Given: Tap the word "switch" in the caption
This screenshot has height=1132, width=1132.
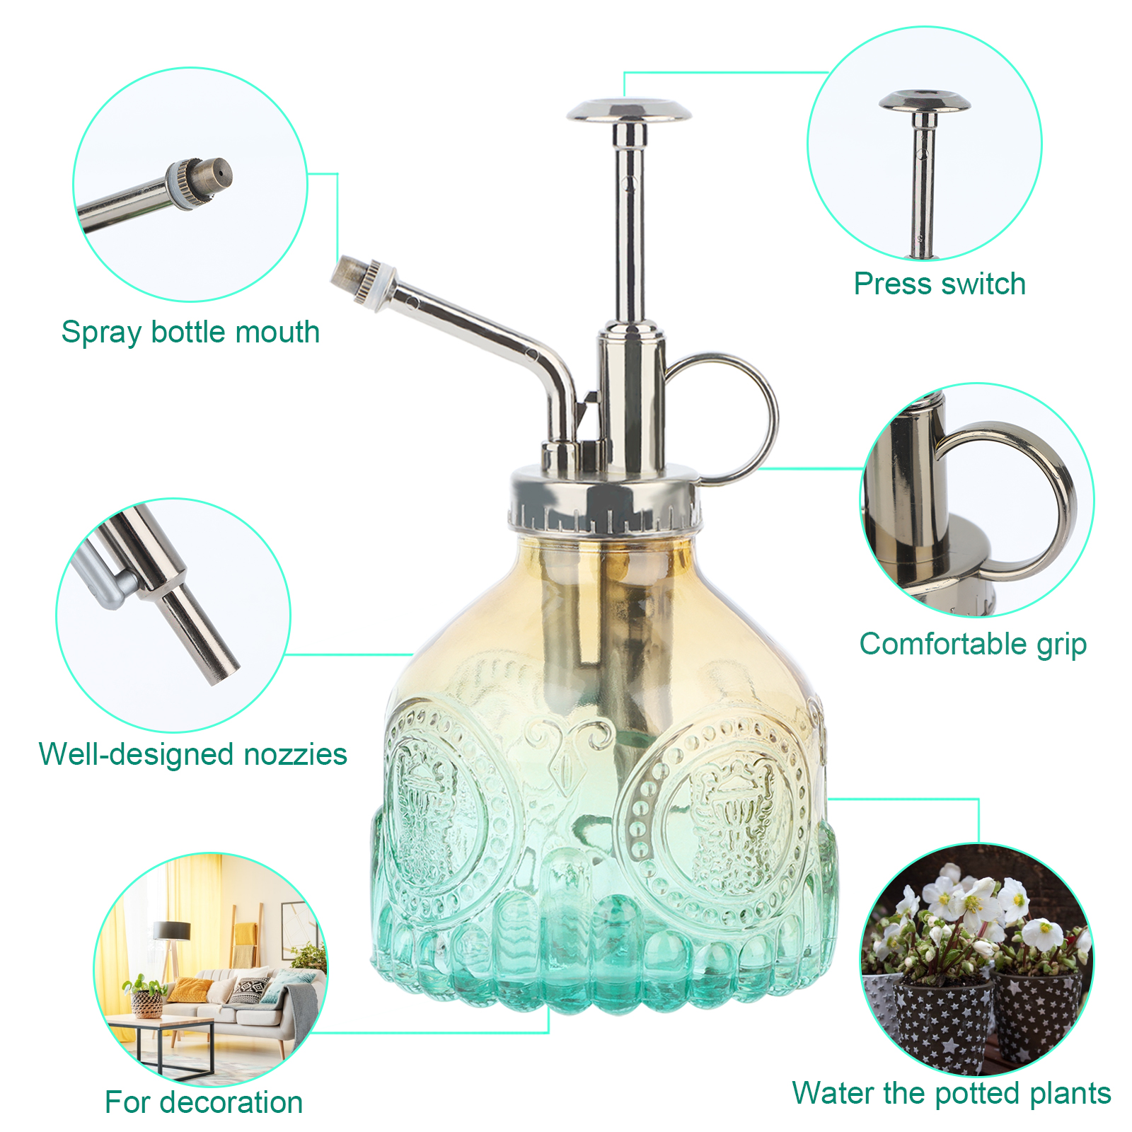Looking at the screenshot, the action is tap(983, 284).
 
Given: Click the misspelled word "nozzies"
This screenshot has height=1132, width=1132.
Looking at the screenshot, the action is tap(294, 754).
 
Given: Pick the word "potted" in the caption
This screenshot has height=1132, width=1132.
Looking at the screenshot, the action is tap(977, 1093).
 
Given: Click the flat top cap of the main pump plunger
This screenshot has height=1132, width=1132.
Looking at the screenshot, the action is tap(629, 110).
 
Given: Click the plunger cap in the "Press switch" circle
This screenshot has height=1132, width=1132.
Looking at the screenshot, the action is tap(925, 101).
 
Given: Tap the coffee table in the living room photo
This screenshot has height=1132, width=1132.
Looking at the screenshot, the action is tap(159, 1040).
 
